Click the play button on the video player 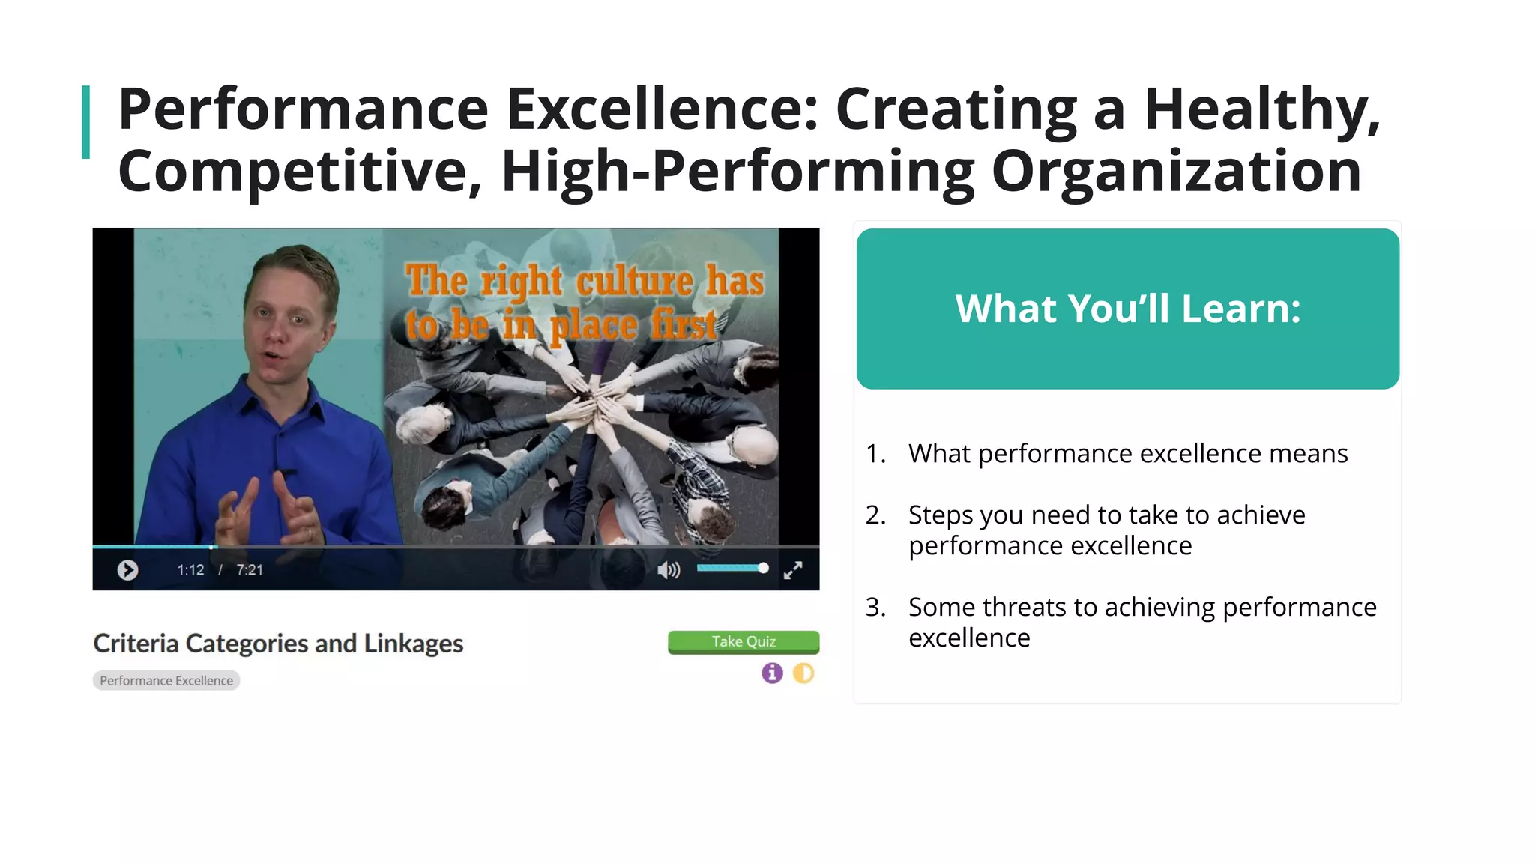pyautogui.click(x=127, y=570)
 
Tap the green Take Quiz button pyautogui.click(x=743, y=642)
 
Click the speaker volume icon pyautogui.click(x=668, y=570)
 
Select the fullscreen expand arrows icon pyautogui.click(x=792, y=570)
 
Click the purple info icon pyautogui.click(x=772, y=673)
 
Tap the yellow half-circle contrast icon pyautogui.click(x=803, y=673)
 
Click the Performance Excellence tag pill pyautogui.click(x=166, y=680)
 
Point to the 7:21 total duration pyautogui.click(x=250, y=570)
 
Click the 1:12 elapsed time pyautogui.click(x=190, y=570)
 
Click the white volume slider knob pyautogui.click(x=763, y=568)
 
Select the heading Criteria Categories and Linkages pyautogui.click(x=278, y=644)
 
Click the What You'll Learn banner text pyautogui.click(x=1127, y=309)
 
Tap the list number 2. pyautogui.click(x=875, y=515)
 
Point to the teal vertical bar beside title pyautogui.click(x=85, y=122)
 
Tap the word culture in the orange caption pyautogui.click(x=633, y=282)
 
